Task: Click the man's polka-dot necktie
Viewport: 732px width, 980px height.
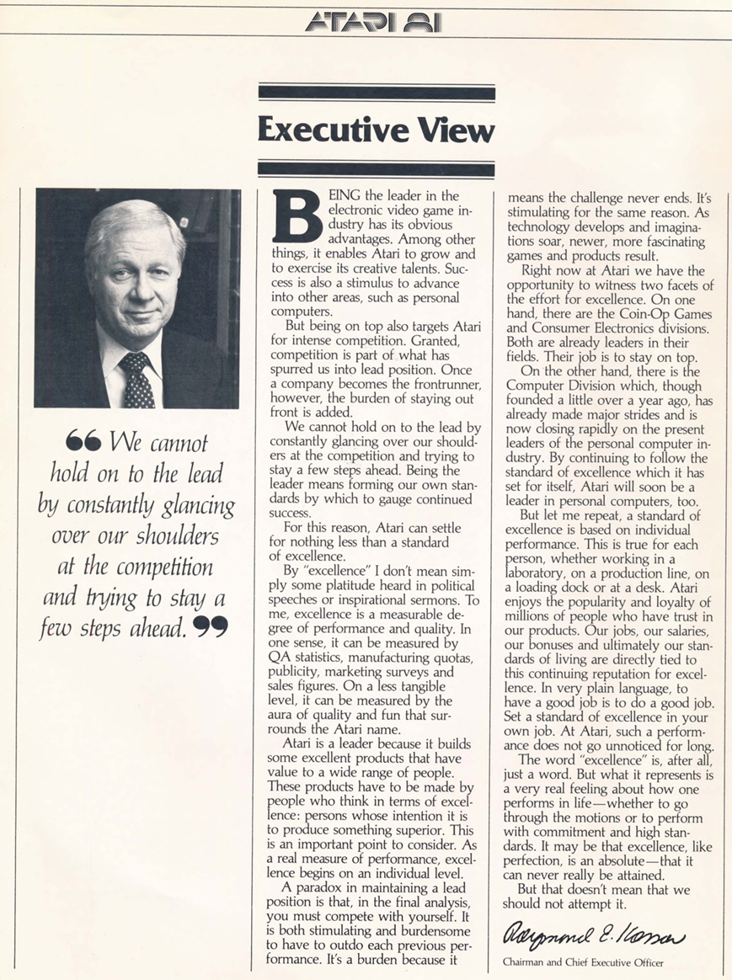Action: pyautogui.click(x=136, y=379)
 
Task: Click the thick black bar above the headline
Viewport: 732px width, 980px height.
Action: pyautogui.click(x=376, y=93)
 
